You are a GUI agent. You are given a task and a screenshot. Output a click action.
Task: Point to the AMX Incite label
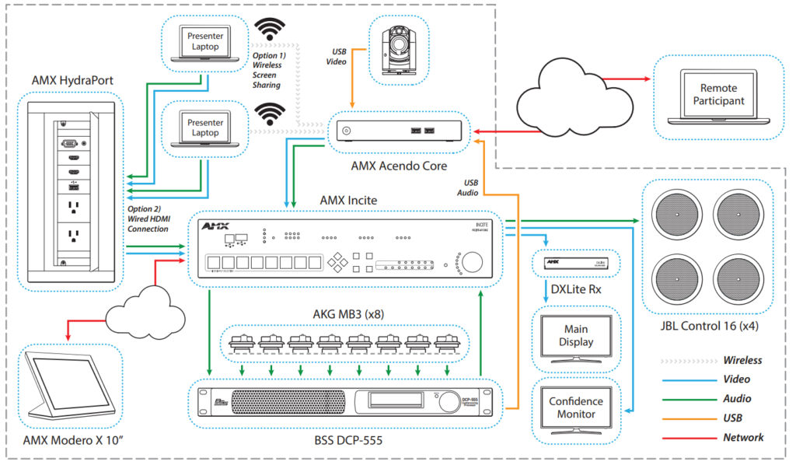348,200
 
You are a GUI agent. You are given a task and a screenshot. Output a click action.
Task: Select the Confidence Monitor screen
575,408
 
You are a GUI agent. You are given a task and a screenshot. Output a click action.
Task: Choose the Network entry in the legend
742,437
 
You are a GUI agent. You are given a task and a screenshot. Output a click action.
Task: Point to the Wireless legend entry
742,360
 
